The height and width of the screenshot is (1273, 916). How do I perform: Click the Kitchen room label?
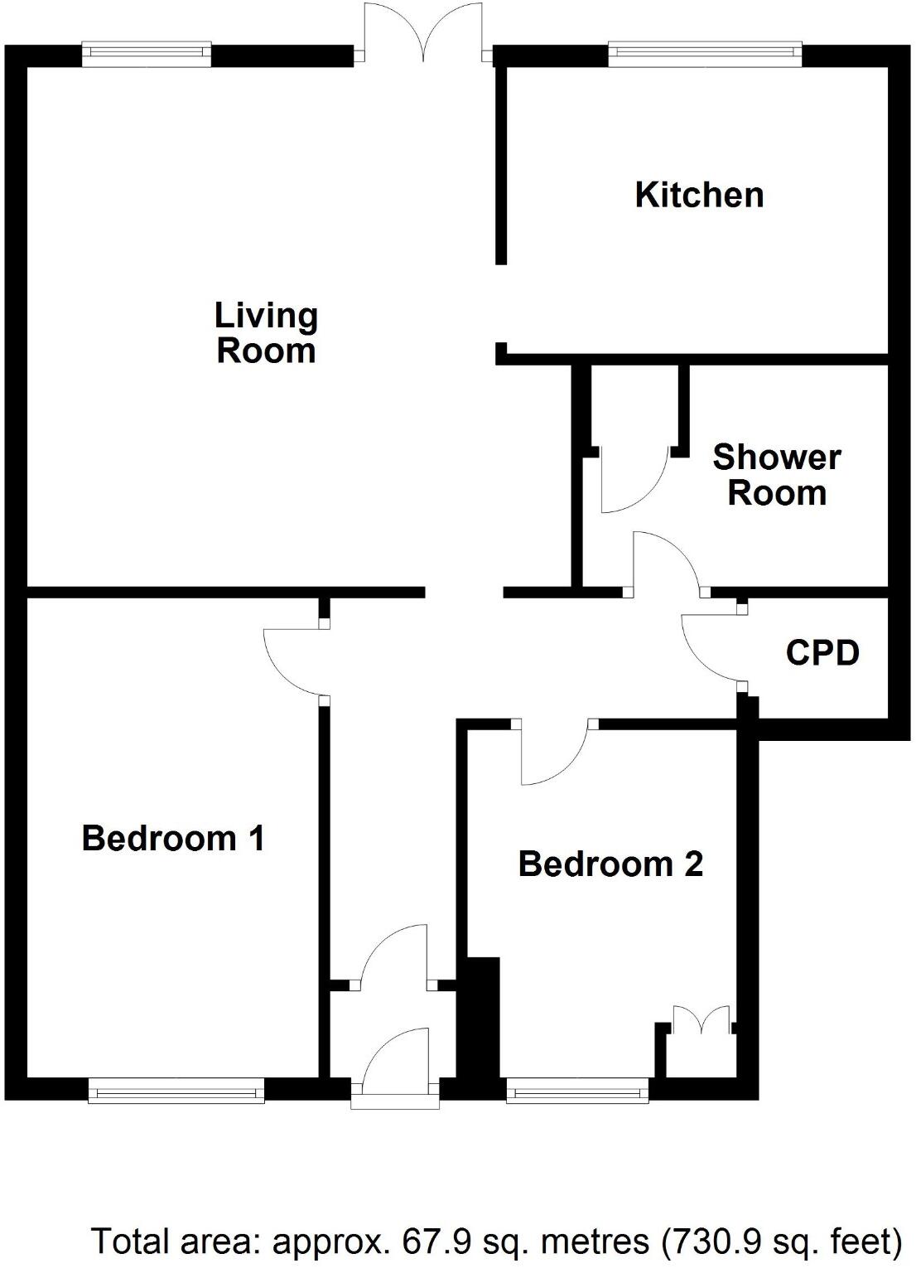tap(699, 195)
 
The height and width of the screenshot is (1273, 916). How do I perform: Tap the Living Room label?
tap(266, 332)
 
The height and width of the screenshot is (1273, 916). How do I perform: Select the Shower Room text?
tap(777, 475)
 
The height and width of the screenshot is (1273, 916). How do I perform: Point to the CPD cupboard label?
tap(822, 653)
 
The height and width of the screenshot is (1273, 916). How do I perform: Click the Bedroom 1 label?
tap(173, 838)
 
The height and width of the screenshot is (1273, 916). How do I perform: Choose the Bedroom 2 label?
tap(610, 864)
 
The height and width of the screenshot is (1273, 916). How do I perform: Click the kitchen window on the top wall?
tap(705, 55)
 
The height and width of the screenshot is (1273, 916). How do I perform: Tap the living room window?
tap(147, 55)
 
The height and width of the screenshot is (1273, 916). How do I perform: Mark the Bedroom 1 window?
tap(176, 1091)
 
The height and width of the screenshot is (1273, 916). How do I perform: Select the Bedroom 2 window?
tap(576, 1091)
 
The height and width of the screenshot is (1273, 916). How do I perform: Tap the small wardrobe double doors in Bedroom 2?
tap(701, 1020)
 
